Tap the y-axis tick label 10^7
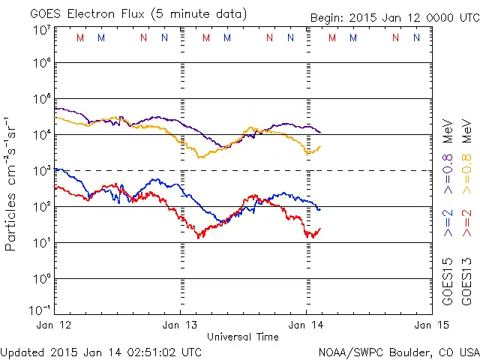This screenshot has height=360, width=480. pos(41,28)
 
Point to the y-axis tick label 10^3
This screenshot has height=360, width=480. pos(41,170)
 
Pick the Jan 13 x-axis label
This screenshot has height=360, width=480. pos(181,325)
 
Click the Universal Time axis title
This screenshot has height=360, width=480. pos(243,336)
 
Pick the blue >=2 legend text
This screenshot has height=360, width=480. pos(448,224)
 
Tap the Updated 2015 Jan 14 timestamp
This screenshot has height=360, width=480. pos(101,351)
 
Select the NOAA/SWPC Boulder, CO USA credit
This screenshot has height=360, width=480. pos(398,351)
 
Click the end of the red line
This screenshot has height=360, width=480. pos(320,228)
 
